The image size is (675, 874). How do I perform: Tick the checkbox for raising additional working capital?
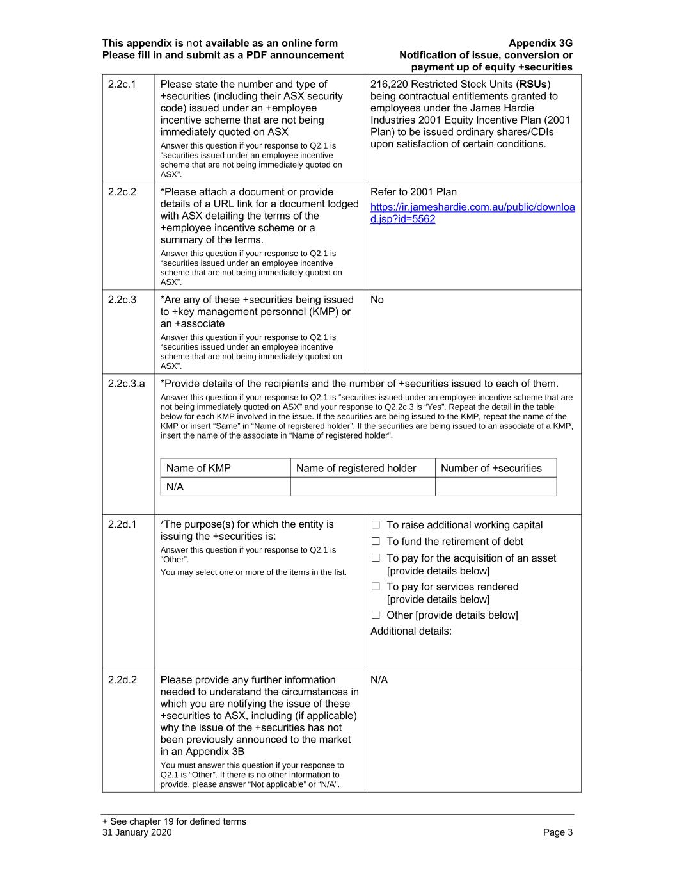point(376,525)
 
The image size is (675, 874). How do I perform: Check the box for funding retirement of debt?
point(376,542)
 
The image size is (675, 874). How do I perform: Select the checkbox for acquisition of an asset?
point(376,558)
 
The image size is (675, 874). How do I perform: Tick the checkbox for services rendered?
point(376,587)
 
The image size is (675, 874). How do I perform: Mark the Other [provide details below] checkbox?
point(376,615)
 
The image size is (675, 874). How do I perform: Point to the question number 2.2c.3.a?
point(126,384)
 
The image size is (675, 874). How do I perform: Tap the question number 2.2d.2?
point(122,680)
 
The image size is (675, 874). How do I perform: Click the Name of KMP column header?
point(198,468)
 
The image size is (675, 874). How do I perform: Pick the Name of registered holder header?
point(356,468)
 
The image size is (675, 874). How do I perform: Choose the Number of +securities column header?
point(491,468)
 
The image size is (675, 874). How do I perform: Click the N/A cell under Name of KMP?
point(175,487)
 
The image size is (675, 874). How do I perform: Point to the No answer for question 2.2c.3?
point(377,300)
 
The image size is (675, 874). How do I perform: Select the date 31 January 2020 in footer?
point(136,832)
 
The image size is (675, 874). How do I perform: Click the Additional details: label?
point(411,631)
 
